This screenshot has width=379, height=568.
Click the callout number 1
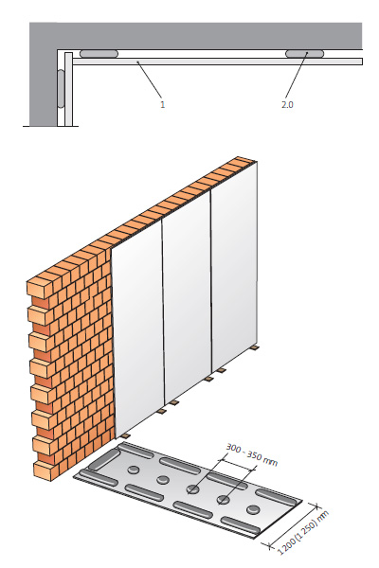click(x=162, y=105)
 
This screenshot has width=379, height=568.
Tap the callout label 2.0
click(x=287, y=105)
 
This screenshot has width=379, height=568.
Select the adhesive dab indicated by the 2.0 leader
click(x=304, y=54)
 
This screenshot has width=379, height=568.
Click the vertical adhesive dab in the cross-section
click(x=61, y=89)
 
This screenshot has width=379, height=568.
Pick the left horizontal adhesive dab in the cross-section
click(x=99, y=54)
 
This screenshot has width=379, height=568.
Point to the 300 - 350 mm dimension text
click(x=252, y=455)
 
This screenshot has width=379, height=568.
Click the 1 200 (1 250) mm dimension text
click(x=303, y=533)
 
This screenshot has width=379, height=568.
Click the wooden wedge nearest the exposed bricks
click(x=125, y=435)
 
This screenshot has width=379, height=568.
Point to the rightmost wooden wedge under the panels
click(x=255, y=347)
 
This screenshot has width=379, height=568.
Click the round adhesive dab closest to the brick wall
click(x=134, y=470)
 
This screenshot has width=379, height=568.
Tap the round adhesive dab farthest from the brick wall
click(x=253, y=509)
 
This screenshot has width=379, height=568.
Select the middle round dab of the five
click(x=193, y=489)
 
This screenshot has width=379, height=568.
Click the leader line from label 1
click(x=149, y=80)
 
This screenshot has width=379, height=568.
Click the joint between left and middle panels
click(x=163, y=312)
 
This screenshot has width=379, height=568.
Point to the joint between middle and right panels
click(x=211, y=281)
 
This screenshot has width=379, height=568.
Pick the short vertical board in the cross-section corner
click(x=68, y=90)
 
